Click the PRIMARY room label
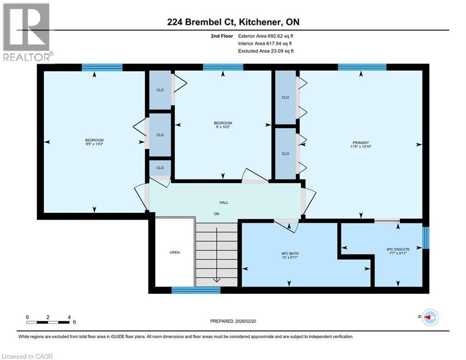pyautogui.click(x=361, y=142)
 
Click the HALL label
pyautogui.click(x=224, y=202)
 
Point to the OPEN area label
pyautogui.click(x=174, y=253)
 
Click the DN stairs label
pyautogui.click(x=217, y=214)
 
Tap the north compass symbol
pyautogui.click(x=429, y=318)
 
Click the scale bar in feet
pyautogui.click(x=48, y=322)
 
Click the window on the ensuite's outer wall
pyautogui.click(x=426, y=238)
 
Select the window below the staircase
pyautogui.click(x=196, y=290)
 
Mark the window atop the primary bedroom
pyautogui.click(x=362, y=67)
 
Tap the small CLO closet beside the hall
pyautogui.click(x=160, y=168)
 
